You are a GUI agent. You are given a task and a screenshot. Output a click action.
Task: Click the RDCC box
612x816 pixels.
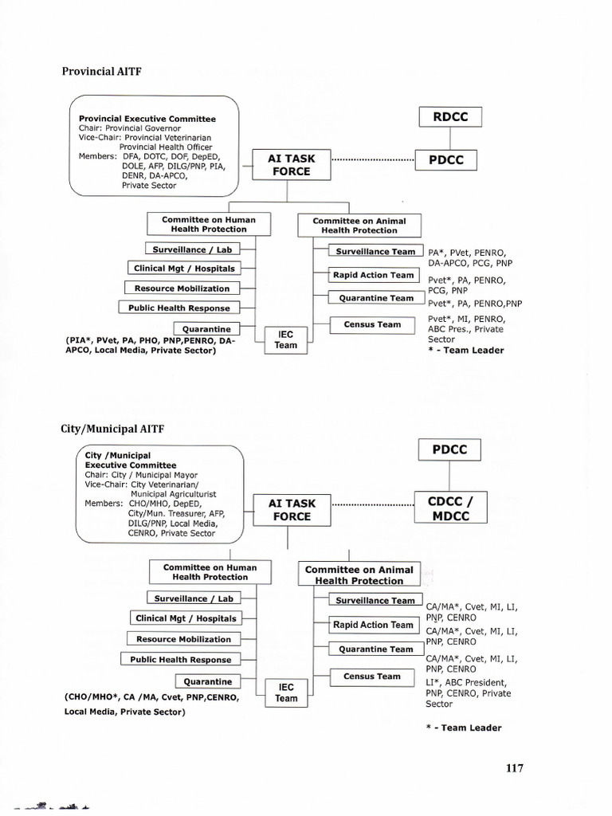(x=450, y=116)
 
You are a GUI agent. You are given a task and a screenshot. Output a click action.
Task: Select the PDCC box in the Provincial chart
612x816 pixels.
(x=450, y=160)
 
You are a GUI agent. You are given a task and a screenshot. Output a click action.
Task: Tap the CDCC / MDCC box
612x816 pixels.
(x=449, y=509)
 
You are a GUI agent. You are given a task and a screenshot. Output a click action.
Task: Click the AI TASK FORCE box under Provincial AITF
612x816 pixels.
(x=291, y=165)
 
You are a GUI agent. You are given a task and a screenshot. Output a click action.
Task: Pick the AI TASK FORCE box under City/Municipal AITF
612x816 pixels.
(x=291, y=510)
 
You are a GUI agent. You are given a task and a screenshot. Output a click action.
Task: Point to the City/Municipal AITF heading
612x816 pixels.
(x=112, y=428)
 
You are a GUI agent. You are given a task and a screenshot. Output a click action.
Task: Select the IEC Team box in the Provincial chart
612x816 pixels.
(x=285, y=339)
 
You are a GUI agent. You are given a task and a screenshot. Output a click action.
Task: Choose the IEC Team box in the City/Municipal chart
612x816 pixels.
(x=286, y=692)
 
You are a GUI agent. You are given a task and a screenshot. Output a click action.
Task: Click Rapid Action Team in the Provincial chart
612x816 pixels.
(x=374, y=275)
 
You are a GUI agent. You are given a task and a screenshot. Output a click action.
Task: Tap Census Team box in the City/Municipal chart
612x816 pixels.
(x=372, y=677)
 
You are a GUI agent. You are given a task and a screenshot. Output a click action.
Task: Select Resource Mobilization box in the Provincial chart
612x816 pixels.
(x=182, y=288)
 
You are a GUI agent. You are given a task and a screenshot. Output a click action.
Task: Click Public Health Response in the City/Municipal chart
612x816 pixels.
(x=181, y=660)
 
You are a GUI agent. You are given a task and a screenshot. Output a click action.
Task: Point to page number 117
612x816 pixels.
(x=514, y=768)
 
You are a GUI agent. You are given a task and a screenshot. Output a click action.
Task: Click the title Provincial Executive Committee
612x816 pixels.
(x=147, y=119)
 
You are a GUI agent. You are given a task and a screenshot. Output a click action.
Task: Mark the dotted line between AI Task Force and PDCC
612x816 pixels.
(x=372, y=160)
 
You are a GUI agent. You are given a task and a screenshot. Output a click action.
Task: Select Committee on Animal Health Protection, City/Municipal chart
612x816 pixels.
(x=359, y=575)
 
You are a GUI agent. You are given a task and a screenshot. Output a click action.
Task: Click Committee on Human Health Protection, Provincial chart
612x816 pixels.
(x=209, y=224)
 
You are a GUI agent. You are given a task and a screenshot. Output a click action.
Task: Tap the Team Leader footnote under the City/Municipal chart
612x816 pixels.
(x=465, y=728)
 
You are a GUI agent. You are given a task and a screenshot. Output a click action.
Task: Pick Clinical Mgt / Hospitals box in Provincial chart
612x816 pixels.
(x=184, y=269)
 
